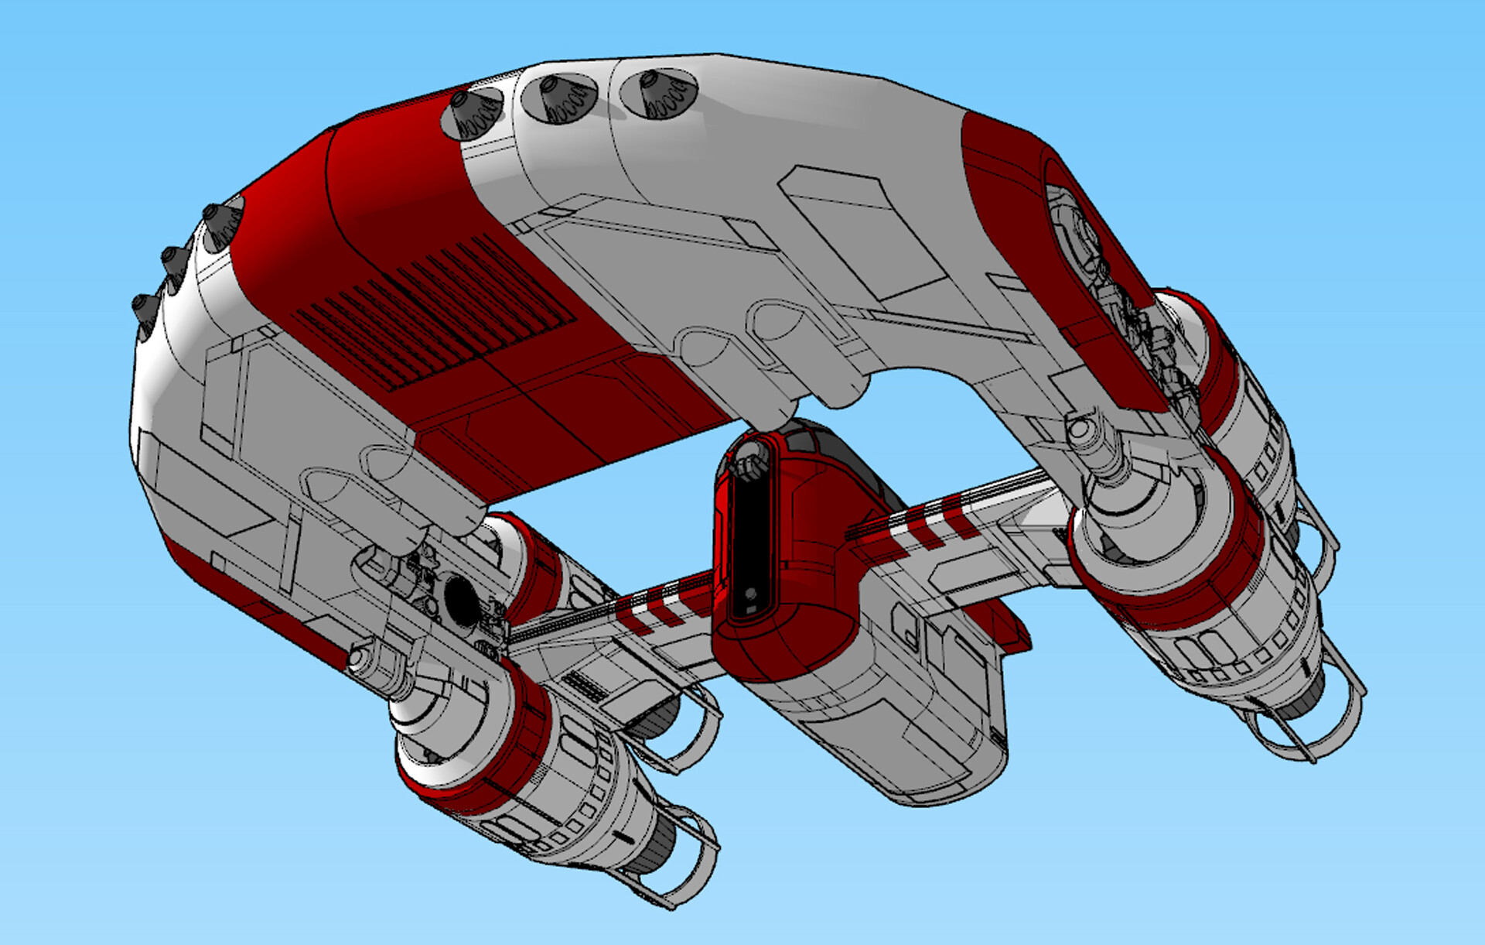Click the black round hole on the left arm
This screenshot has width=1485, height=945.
(x=462, y=599)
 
